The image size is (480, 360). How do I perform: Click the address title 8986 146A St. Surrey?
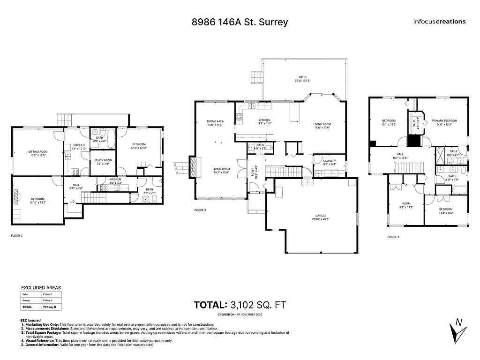click(x=240, y=22)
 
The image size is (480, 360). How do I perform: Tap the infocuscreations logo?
click(x=439, y=21)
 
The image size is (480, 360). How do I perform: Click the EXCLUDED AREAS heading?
click(x=41, y=288)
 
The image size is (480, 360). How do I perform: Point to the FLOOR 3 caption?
click(x=393, y=238)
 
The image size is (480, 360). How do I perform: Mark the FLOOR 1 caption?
click(x=16, y=235)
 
